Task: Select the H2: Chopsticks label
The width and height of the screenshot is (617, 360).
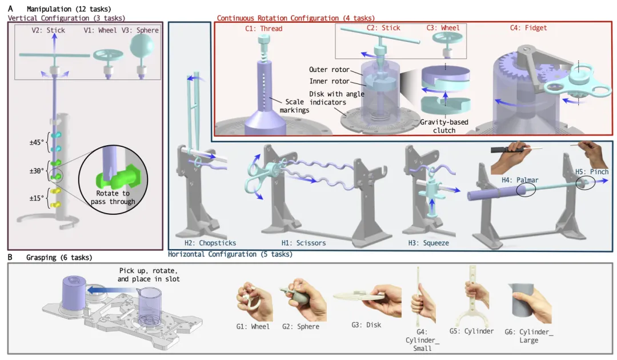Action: [198, 243]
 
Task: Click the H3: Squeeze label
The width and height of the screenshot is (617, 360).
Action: [428, 243]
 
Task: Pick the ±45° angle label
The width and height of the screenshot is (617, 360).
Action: [38, 142]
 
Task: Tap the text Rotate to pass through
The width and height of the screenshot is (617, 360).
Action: [115, 197]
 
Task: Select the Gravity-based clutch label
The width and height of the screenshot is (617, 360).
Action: [446, 126]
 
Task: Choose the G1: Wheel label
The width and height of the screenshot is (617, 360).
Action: [253, 327]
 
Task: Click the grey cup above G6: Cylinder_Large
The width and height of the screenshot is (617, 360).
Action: [529, 302]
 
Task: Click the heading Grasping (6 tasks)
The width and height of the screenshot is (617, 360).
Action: [59, 258]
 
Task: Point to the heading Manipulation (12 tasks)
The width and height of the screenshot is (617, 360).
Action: [69, 9]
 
